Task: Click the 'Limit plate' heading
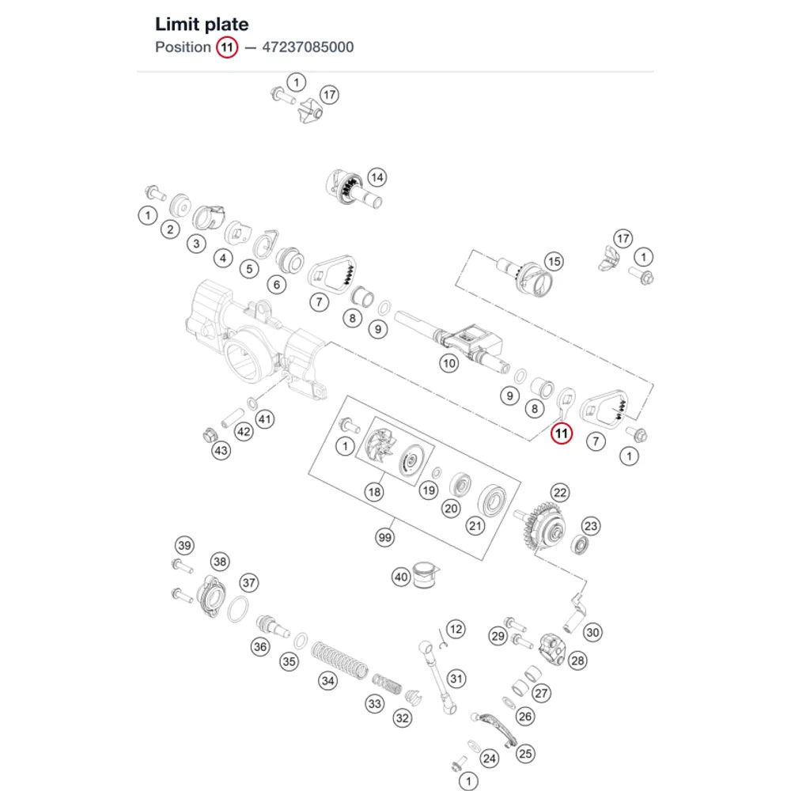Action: [202, 25]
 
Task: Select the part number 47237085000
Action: [308, 47]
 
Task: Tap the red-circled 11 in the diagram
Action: [562, 433]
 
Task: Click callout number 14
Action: [377, 177]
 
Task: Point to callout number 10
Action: [448, 363]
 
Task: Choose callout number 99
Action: [385, 537]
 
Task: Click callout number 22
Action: [560, 493]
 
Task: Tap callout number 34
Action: [328, 681]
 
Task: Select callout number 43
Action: [221, 451]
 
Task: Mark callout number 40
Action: [401, 577]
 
